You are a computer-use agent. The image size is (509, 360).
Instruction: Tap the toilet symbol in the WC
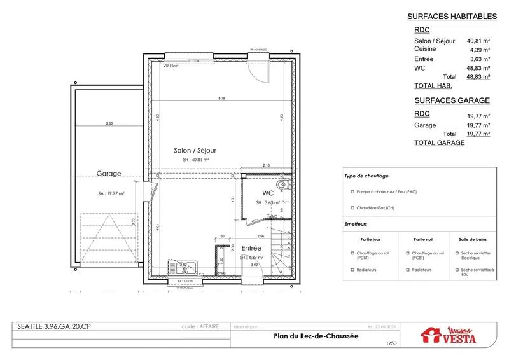[288, 184]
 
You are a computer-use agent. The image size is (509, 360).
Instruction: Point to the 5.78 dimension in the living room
[221, 99]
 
